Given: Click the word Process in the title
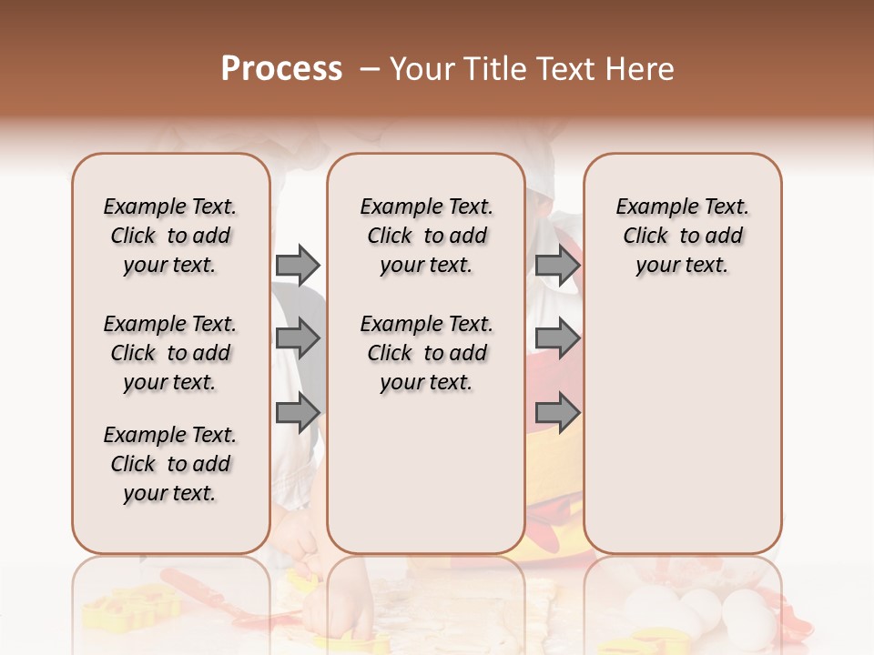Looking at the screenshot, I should pyautogui.click(x=281, y=69).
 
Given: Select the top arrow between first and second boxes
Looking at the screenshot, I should pyautogui.click(x=298, y=265).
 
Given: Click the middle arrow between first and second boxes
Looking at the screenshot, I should pyautogui.click(x=298, y=339).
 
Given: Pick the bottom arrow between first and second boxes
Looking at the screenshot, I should pyautogui.click(x=298, y=413).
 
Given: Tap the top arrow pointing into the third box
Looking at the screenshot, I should pyautogui.click(x=557, y=265).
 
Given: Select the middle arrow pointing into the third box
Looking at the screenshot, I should pyautogui.click(x=557, y=339).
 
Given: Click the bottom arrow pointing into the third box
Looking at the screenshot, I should pyautogui.click(x=557, y=413).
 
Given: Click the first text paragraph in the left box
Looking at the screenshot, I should pyautogui.click(x=170, y=236).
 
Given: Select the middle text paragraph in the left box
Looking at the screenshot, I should pyautogui.click(x=170, y=353).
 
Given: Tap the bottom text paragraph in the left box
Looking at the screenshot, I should pyautogui.click(x=170, y=464).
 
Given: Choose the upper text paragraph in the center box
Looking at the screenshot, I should pyautogui.click(x=427, y=236).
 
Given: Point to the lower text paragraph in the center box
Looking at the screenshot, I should pyautogui.click(x=427, y=353).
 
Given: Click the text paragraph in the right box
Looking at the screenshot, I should pyautogui.click(x=683, y=236).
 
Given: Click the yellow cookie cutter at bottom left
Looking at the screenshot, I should pyautogui.click(x=114, y=609).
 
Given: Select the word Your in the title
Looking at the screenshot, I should pyautogui.click(x=422, y=69).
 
